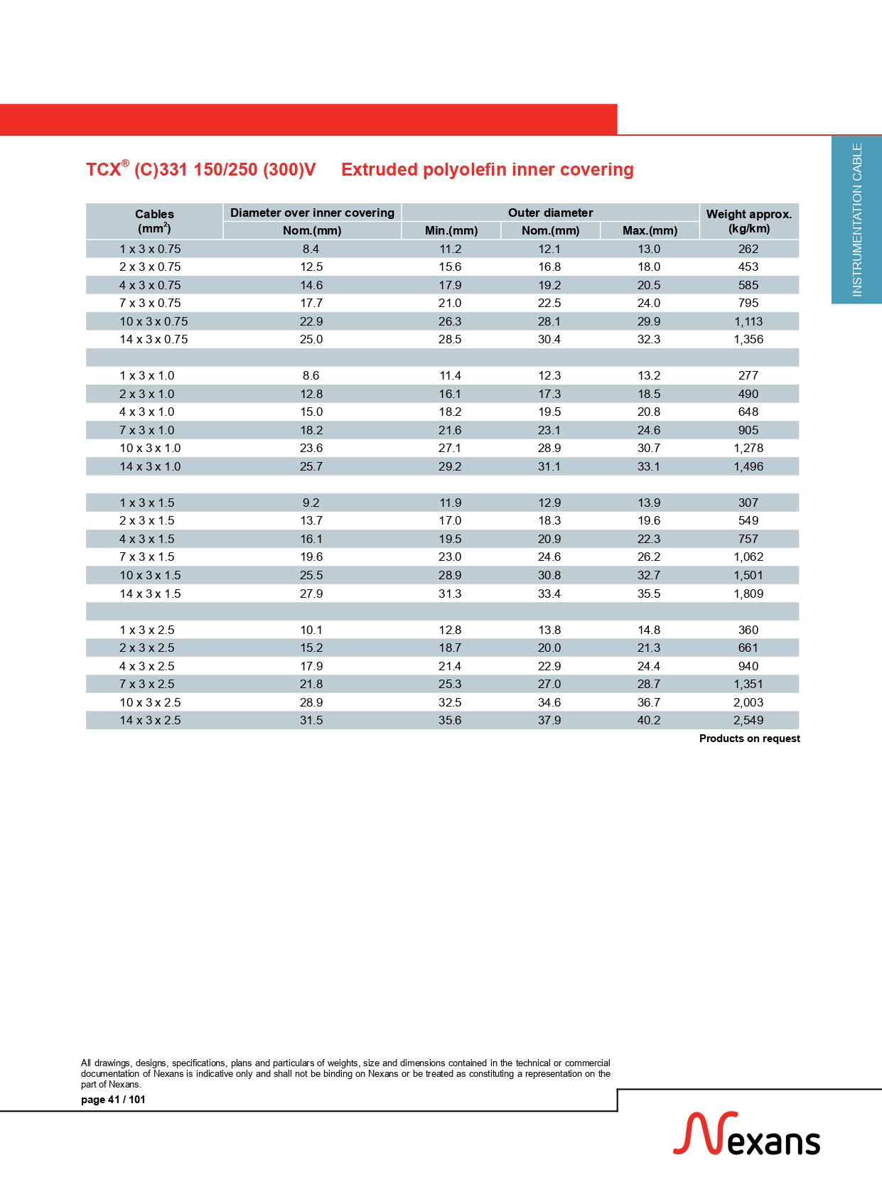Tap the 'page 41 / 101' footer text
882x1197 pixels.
tap(113, 1100)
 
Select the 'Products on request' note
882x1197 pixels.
tap(749, 739)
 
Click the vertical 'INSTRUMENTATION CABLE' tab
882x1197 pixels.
tap(857, 220)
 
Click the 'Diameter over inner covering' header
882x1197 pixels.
tap(312, 213)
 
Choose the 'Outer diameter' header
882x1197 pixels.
tap(550, 213)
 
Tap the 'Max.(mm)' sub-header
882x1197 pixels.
tap(650, 230)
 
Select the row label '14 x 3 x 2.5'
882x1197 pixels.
tap(150, 720)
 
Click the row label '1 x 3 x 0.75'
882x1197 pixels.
tap(150, 249)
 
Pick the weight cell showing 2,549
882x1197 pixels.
tap(748, 720)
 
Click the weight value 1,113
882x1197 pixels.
tap(748, 321)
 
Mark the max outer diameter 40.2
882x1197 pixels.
tap(649, 720)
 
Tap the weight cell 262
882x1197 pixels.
tap(748, 249)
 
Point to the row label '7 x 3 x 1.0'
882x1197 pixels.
tap(147, 430)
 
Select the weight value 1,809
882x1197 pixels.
tap(748, 594)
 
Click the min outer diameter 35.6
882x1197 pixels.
tap(450, 720)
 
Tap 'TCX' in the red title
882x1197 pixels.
tap(104, 170)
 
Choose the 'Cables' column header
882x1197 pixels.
tap(154, 214)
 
